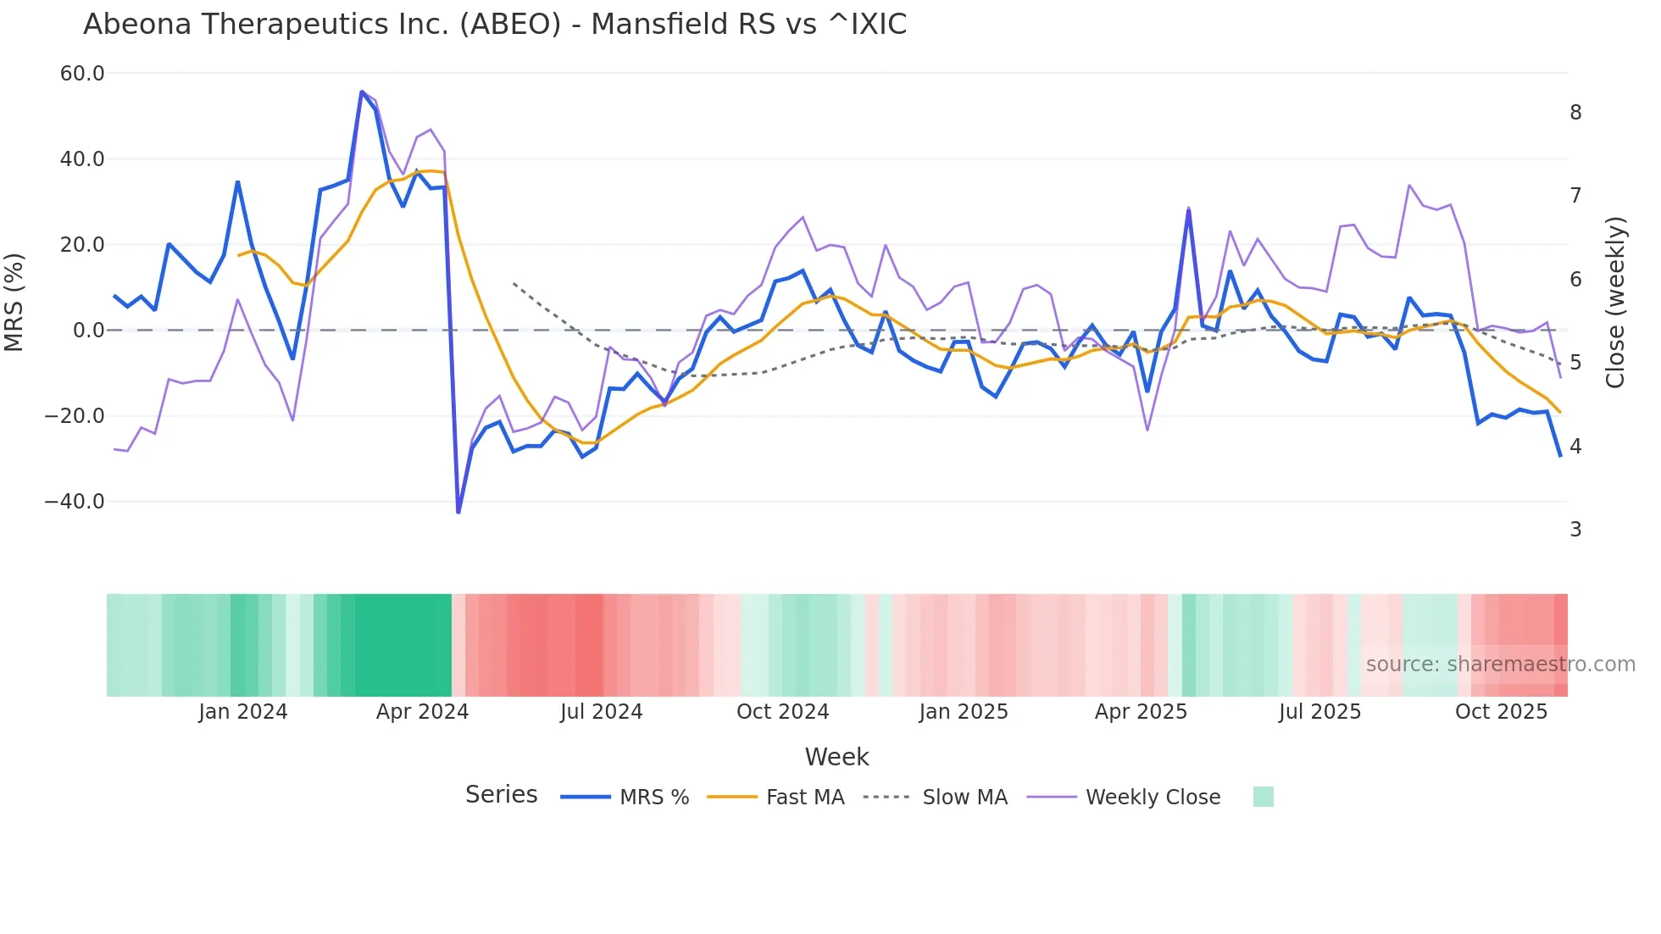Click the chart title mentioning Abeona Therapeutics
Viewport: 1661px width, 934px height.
coord(495,25)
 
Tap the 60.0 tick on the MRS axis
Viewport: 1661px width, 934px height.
coord(82,74)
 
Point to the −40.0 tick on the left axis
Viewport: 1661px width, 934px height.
coord(75,502)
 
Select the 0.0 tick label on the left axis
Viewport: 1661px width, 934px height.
coord(88,331)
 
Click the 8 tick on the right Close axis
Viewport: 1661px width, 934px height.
coord(1575,113)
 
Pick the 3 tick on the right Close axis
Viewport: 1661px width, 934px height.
coord(1575,530)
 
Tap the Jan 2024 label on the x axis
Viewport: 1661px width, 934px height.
coord(243,712)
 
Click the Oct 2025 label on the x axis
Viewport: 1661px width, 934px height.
coord(1501,712)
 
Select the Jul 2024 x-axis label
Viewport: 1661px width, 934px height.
coord(601,712)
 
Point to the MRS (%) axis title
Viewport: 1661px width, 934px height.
coord(14,302)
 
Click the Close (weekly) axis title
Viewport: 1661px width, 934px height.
coord(1615,303)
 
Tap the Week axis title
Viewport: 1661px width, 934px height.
coord(836,757)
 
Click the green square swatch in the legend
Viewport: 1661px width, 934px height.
coord(1263,797)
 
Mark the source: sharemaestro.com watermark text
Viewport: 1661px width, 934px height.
coord(1500,664)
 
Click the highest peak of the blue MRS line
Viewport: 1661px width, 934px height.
coord(362,92)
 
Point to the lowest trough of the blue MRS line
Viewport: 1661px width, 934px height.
coord(458,512)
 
